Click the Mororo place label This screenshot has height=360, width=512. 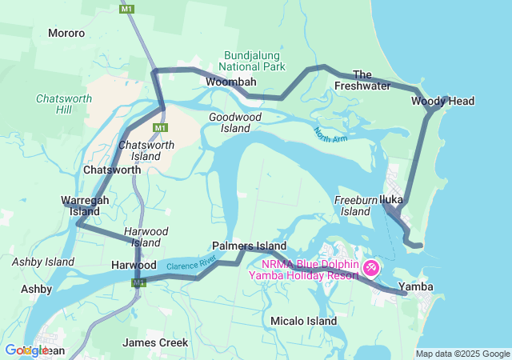pos(66,34)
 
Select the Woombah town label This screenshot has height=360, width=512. pos(230,82)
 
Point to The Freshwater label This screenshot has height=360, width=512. pos(362,79)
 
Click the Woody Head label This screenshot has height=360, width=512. pos(442,101)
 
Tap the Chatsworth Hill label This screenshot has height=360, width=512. pos(64,105)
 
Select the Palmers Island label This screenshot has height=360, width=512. pos(250,246)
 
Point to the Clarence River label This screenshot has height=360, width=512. pos(193,262)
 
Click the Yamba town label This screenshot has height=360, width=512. pos(415,286)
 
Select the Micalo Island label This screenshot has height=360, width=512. pos(303,321)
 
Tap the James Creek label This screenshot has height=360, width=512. pos(155,342)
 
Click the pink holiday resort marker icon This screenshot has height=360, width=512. pos(372,266)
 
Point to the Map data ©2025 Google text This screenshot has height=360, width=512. pos(462,354)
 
